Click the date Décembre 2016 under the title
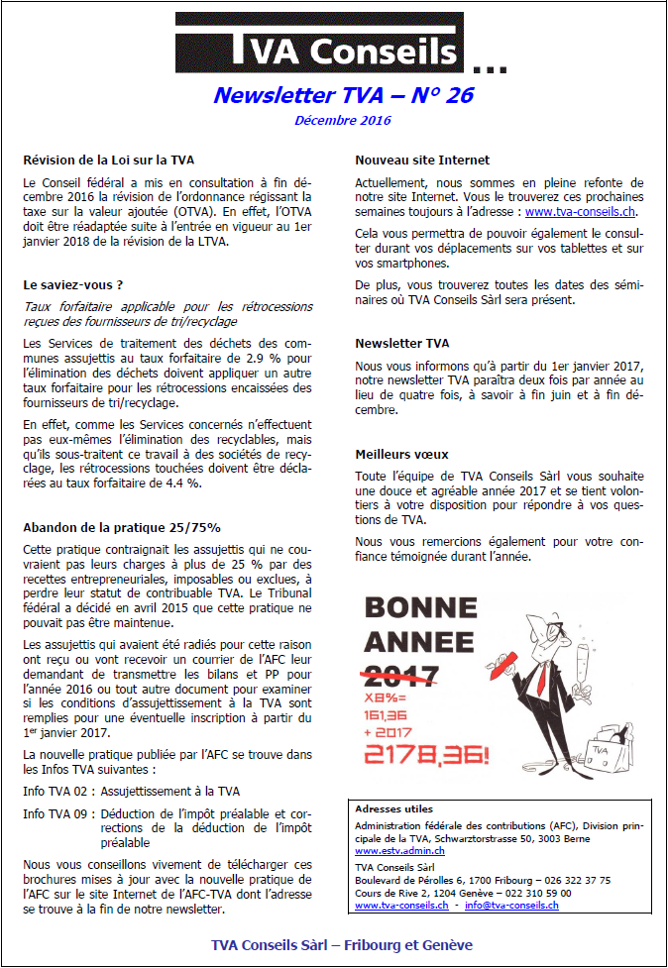[343, 121]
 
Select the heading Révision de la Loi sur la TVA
[108, 160]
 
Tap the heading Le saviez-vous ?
[72, 284]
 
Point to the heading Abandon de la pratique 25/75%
[121, 527]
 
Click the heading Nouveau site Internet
[422, 160]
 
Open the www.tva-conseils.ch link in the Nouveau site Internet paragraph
[581, 211]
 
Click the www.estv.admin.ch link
[399, 850]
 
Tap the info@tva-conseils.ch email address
[512, 905]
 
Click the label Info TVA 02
[58, 791]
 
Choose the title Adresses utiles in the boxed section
[393, 808]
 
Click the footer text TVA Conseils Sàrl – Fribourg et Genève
[342, 944]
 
